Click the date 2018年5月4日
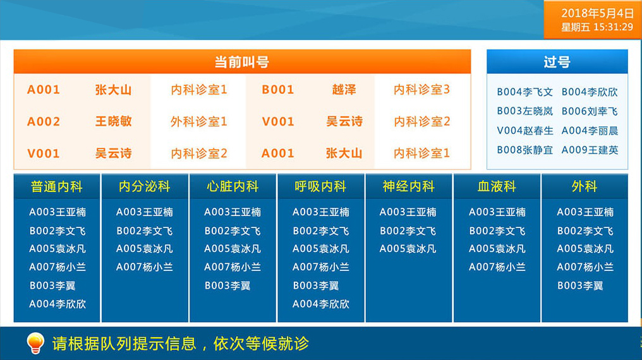[597, 13]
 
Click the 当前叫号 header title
[242, 62]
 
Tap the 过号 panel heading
[557, 62]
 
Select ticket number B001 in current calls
[278, 90]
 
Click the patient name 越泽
[344, 90]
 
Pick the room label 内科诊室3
[421, 90]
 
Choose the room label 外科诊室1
[199, 121]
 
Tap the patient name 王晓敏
[113, 121]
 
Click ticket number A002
[44, 121]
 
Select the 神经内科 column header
[409, 186]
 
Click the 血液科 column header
[497, 186]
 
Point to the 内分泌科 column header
[145, 186]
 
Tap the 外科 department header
[584, 186]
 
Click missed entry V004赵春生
[525, 131]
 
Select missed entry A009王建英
[590, 150]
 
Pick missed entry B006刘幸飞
[590, 111]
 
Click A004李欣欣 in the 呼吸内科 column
[320, 304]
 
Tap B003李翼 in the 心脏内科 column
[227, 285]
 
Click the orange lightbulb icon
[35, 343]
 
